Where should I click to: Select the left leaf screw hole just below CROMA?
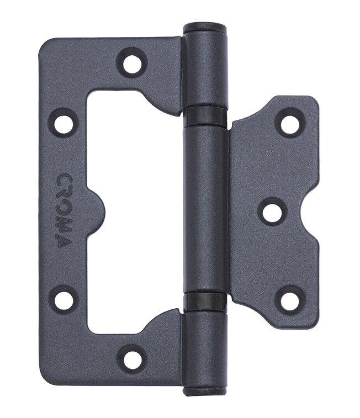(x=65, y=298)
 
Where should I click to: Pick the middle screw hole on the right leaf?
(x=271, y=212)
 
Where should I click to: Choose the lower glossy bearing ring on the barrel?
(x=205, y=301)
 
